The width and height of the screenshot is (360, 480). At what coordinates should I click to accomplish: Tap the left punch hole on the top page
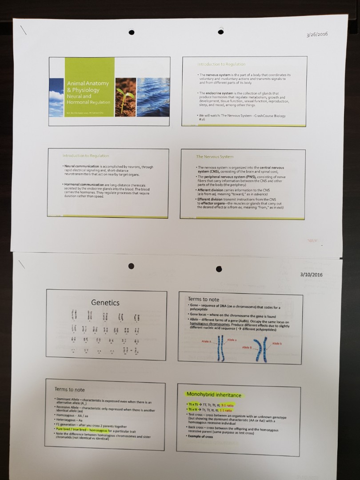click(131, 32)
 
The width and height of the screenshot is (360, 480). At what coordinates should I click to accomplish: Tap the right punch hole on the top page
click(220, 32)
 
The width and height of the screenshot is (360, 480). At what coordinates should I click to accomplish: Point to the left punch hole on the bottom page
click(131, 266)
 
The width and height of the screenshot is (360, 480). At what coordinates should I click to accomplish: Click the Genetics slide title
click(105, 303)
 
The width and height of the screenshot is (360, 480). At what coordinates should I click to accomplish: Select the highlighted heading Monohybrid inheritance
click(214, 395)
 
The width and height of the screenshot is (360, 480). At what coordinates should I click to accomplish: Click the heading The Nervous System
click(215, 157)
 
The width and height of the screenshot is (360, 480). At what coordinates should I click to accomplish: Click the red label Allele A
click(206, 341)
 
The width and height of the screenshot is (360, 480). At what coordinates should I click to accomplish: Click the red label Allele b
click(277, 344)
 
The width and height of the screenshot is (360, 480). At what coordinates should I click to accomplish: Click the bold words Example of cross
click(200, 436)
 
